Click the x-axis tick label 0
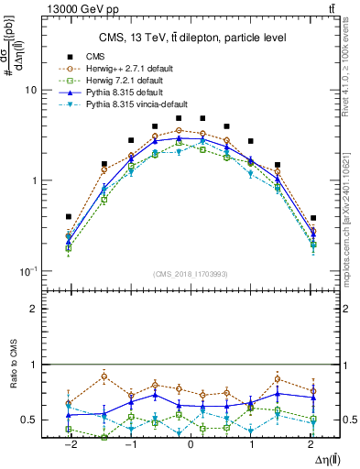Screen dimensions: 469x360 [x=191, y=443]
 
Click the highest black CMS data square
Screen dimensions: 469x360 [x=179, y=118]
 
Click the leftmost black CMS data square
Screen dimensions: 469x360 [x=69, y=217]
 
